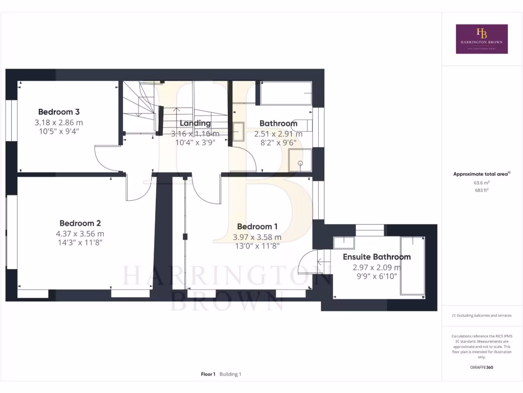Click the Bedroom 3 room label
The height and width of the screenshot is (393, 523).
click(x=59, y=112)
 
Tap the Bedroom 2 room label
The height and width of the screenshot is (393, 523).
click(x=80, y=223)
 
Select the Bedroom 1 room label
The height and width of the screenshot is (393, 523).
click(x=257, y=227)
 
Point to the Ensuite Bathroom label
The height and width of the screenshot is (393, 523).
click(x=376, y=257)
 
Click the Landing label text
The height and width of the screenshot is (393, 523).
click(x=195, y=123)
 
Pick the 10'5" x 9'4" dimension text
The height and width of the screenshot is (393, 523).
click(x=59, y=132)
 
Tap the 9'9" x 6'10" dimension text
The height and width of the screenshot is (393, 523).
click(x=376, y=277)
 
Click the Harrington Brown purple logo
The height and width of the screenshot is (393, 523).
click(x=482, y=39)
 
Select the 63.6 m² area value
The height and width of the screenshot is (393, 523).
click(x=482, y=182)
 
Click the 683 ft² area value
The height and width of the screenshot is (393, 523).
click(x=482, y=190)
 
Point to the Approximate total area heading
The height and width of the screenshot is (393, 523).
click(x=481, y=174)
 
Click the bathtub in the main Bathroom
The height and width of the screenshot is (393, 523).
click(x=286, y=93)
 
